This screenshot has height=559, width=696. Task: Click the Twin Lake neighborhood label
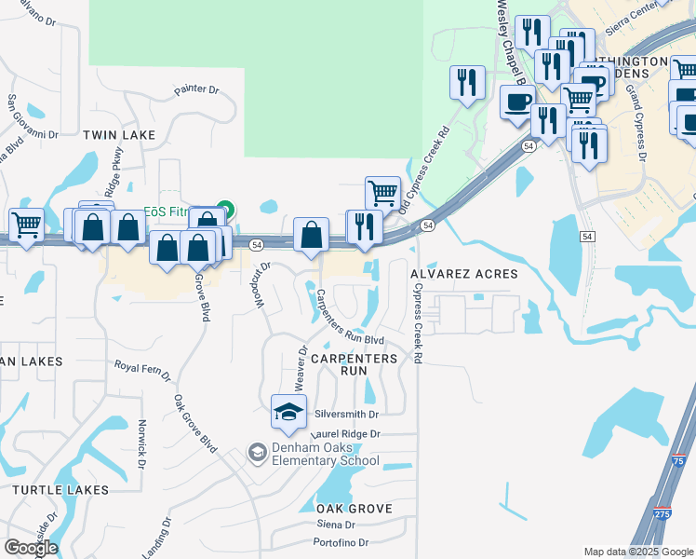click(x=119, y=135)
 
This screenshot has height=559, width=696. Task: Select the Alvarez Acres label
click(x=464, y=275)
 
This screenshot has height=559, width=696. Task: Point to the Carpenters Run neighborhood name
click(x=354, y=364)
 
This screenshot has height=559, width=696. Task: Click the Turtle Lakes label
click(x=60, y=489)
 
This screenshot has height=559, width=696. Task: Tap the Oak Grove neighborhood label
click(x=354, y=509)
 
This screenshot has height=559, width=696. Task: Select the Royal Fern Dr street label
click(x=142, y=370)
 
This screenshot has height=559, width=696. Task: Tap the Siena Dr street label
click(x=337, y=525)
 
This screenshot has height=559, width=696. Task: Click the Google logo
click(x=31, y=548)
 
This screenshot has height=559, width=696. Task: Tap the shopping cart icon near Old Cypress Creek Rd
click(x=382, y=193)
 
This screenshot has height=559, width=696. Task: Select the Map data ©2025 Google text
click(x=637, y=552)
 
